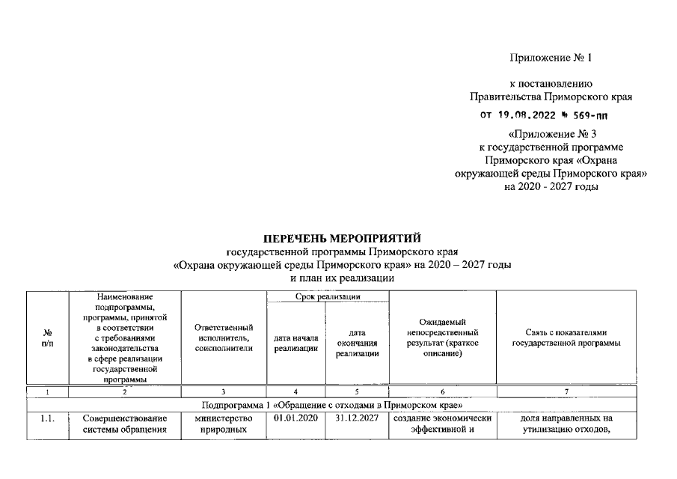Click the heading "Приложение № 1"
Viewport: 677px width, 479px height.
[550, 58]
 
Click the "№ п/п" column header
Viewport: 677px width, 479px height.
[47, 338]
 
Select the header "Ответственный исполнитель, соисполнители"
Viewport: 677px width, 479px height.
[224, 338]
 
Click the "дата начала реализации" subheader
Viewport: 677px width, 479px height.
[296, 343]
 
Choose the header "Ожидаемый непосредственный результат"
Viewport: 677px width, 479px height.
[442, 338]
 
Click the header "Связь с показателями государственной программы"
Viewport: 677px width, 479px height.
[566, 338]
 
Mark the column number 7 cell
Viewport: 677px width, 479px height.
[566, 392]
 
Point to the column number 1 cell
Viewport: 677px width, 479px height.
[47, 392]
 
